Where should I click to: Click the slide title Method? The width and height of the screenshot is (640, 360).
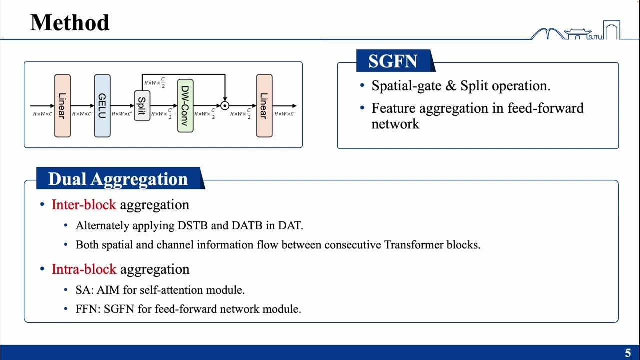tap(70, 23)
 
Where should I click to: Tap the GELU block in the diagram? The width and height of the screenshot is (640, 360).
tap(102, 106)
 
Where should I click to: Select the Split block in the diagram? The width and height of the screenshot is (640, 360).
tap(142, 106)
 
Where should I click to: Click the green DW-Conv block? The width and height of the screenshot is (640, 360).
tap(185, 105)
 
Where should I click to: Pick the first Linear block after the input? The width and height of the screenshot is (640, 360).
tap(62, 106)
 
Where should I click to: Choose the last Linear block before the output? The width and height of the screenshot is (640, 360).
tap(264, 106)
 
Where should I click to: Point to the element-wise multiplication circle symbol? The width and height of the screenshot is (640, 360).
tap(225, 106)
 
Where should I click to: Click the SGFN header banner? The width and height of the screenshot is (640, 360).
tap(393, 61)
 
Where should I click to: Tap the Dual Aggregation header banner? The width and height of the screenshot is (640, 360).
tap(118, 179)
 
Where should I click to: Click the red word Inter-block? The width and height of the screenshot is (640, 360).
tap(84, 205)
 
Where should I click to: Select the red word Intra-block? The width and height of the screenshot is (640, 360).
tap(84, 269)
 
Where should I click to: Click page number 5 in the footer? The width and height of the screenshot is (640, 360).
tap(628, 352)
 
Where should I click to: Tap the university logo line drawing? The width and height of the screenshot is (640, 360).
tap(575, 31)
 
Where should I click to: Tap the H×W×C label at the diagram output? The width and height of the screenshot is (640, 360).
tap(284, 114)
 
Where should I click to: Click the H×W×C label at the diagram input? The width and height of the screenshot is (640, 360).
tap(42, 114)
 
